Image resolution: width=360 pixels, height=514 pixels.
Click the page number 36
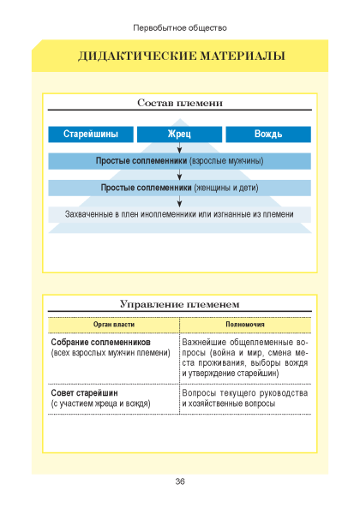click(180, 481)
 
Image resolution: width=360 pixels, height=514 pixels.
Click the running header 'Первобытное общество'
click(180, 28)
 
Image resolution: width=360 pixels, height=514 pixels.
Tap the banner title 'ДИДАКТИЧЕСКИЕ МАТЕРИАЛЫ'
click(182, 56)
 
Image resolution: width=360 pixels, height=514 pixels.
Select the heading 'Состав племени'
click(180, 103)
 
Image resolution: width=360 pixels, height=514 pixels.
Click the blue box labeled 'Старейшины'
click(91, 134)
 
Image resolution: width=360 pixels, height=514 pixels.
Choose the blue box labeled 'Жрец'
click(179, 134)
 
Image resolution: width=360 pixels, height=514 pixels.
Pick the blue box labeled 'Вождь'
click(268, 134)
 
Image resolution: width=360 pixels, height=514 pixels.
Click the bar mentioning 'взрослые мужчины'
click(180, 161)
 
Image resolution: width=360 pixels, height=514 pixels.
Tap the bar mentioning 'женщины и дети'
click(180, 188)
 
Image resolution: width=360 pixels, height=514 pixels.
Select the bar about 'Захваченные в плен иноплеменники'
click(180, 214)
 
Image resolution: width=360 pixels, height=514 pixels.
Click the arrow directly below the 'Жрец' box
click(179, 148)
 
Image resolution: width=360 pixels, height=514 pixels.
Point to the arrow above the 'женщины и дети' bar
click(179, 175)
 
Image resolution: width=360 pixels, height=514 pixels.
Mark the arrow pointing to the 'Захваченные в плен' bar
click(179, 201)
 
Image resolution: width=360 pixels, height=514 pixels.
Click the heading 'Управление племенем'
click(180, 304)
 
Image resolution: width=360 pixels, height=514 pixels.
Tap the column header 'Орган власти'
click(114, 325)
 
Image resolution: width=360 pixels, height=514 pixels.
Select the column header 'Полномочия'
click(245, 325)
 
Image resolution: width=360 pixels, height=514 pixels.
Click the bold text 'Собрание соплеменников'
click(100, 342)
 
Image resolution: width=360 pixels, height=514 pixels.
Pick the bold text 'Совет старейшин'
click(84, 392)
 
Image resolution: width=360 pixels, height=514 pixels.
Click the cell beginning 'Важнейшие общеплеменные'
click(245, 357)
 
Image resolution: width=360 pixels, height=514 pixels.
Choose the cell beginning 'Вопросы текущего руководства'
click(245, 398)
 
